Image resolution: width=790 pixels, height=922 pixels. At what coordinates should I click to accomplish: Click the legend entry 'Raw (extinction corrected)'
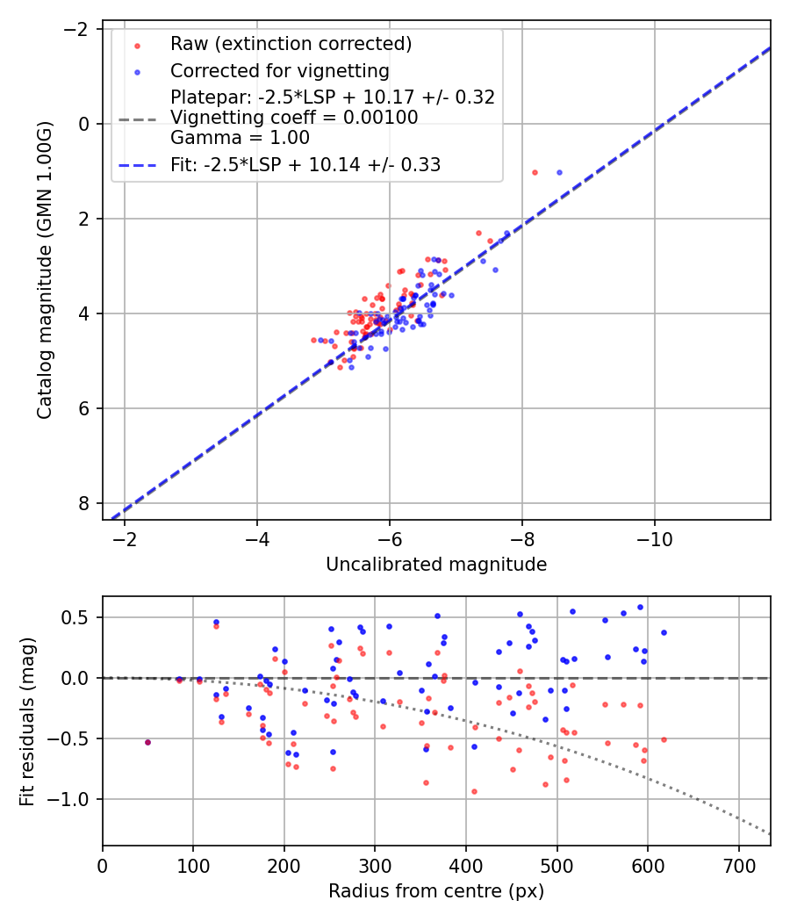291,44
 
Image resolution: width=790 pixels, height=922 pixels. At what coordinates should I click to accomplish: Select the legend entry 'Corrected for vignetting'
279,70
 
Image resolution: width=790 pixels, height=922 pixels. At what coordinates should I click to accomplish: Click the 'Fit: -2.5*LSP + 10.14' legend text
305,164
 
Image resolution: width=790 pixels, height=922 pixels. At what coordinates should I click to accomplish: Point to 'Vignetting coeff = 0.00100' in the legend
294,117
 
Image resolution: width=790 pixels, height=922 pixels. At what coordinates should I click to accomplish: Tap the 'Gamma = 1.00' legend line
240,137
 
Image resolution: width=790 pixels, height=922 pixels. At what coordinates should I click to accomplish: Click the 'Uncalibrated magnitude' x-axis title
436,565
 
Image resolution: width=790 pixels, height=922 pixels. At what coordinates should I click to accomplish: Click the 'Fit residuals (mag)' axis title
27,721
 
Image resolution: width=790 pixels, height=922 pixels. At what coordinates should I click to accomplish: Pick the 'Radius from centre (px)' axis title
436,891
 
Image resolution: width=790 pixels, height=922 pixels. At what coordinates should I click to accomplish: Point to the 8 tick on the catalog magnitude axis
84,503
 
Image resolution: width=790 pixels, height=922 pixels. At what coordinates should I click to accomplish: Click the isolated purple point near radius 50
147,742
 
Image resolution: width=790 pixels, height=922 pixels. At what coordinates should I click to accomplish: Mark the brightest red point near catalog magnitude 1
535,172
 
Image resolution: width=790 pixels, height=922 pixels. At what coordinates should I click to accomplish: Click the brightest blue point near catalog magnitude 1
559,172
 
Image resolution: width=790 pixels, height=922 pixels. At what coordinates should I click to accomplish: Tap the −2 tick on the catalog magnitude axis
78,29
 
